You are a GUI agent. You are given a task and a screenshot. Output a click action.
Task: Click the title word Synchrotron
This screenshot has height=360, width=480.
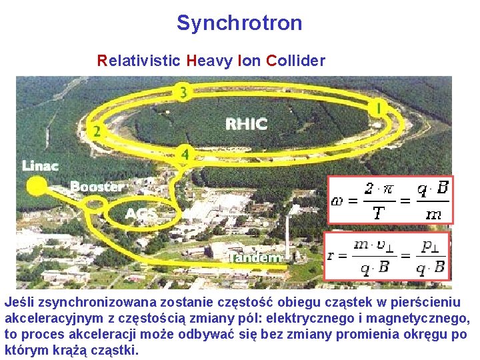point(239,23)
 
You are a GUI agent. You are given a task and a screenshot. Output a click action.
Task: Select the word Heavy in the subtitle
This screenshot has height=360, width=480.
point(209,61)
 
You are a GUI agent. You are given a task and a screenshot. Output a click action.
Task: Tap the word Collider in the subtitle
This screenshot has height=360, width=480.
point(295,61)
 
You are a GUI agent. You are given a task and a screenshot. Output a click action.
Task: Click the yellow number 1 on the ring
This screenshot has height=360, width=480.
point(379,107)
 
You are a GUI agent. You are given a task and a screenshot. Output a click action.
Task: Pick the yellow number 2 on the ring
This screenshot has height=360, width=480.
point(97,131)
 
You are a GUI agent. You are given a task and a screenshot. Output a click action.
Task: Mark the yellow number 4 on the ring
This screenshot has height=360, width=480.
point(185,154)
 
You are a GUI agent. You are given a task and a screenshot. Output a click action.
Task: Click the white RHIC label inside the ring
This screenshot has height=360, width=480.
point(246,124)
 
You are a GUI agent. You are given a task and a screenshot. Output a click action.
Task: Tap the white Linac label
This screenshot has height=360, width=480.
point(41,165)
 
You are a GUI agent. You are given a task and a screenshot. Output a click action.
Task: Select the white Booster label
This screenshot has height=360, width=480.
point(97,187)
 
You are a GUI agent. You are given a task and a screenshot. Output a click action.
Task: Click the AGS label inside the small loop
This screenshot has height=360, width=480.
point(141,214)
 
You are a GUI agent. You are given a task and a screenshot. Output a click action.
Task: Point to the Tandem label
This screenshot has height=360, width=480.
point(257,257)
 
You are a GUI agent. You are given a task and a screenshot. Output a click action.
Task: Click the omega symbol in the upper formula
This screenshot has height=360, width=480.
point(337,199)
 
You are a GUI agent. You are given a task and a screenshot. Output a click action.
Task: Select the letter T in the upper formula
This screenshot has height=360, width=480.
point(378,213)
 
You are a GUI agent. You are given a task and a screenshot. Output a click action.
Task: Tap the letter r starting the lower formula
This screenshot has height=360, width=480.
point(331,256)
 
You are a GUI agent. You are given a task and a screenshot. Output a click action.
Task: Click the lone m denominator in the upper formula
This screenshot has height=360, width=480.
point(433,213)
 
